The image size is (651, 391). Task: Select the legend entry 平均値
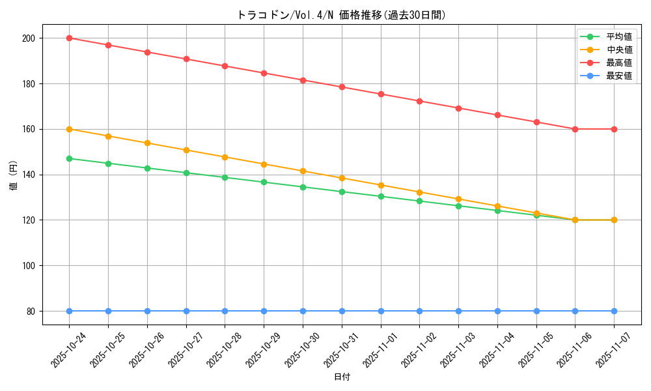coord(618,36)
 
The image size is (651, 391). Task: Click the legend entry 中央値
coord(618,50)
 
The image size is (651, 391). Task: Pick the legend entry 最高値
coord(618,63)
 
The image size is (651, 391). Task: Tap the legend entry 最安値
coord(618,76)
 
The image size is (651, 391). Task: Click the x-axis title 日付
coord(342,377)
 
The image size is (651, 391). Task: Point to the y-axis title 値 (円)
coord(14,175)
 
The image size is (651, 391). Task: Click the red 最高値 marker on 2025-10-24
coord(69,38)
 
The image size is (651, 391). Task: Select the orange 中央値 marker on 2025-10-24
coord(69,129)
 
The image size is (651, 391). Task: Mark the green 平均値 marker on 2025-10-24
coord(69,158)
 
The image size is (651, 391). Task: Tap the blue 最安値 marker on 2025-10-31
coord(342,311)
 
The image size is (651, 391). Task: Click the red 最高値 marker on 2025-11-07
coord(614,129)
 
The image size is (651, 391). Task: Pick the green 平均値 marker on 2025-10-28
coord(225,177)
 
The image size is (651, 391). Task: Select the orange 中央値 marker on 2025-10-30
coord(303,171)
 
